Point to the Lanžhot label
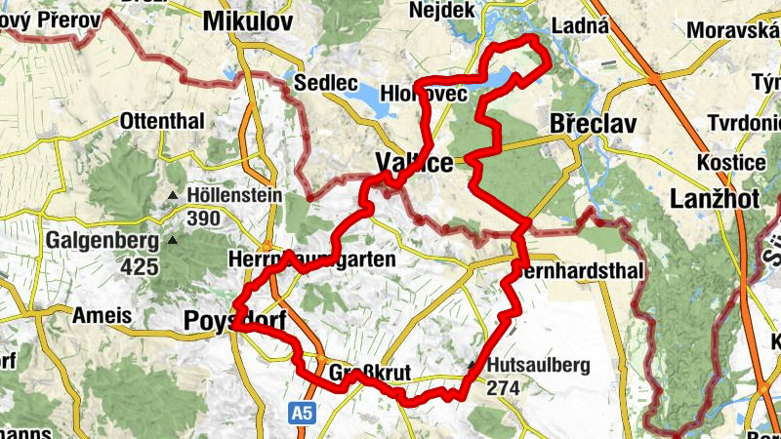[710, 199]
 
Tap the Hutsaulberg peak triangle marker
[473, 366]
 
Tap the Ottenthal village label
[163, 122]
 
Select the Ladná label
[581, 26]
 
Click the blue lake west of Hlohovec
[363, 97]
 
